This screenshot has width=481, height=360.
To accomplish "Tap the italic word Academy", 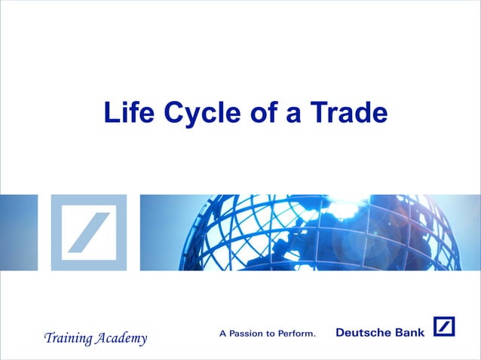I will click(119, 337).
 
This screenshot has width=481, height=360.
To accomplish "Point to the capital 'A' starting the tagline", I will click(222, 332).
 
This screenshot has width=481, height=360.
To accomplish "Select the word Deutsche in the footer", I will click(363, 332).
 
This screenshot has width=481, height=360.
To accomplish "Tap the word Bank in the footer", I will click(410, 332).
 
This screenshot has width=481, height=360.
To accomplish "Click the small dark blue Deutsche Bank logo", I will click(444, 328).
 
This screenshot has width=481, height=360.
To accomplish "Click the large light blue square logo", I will click(88, 232).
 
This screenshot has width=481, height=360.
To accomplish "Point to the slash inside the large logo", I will click(89, 232).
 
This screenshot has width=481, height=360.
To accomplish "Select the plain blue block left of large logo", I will click(18, 232).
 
